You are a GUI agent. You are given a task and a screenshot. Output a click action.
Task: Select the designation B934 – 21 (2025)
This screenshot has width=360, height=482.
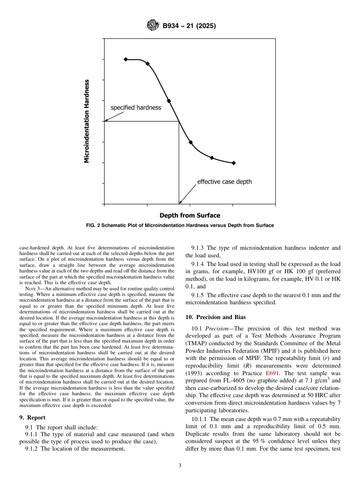[189, 26]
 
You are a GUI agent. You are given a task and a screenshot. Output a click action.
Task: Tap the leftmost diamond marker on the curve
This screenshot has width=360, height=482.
[126, 59]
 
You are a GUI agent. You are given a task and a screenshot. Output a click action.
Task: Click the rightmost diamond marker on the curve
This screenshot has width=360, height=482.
[233, 163]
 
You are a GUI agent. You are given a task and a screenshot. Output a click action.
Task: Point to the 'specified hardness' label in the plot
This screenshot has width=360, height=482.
[136, 108]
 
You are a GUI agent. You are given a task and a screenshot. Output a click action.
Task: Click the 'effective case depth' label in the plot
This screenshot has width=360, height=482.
[224, 182]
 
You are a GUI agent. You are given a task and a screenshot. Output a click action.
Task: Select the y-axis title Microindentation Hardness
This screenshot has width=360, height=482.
[87, 121]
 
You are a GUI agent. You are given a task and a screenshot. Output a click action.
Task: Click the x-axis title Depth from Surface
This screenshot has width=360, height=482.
[189, 216]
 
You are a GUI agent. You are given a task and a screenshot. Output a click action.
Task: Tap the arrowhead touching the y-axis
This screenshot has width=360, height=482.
[106, 121]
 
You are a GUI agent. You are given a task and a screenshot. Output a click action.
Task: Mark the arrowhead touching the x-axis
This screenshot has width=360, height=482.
[180, 203]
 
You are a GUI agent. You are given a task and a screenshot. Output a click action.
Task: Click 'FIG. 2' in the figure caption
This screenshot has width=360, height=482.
[94, 226]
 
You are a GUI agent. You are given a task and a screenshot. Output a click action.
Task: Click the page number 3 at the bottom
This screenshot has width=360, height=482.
[180, 466]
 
